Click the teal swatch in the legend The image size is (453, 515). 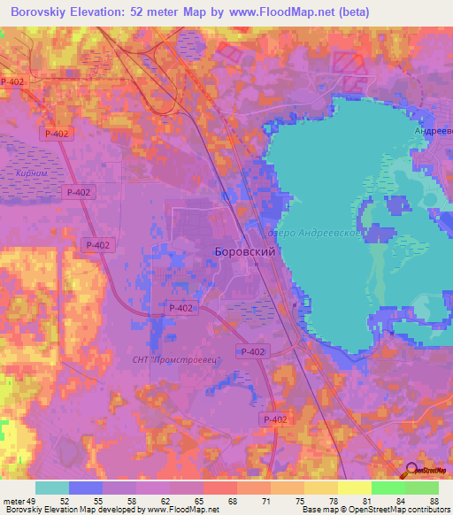pyautogui.click(x=52, y=488)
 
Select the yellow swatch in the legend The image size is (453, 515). pyautogui.click(x=355, y=488)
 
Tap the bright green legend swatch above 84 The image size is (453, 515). pyautogui.click(x=388, y=488)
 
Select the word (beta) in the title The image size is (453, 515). pyautogui.click(x=349, y=12)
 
